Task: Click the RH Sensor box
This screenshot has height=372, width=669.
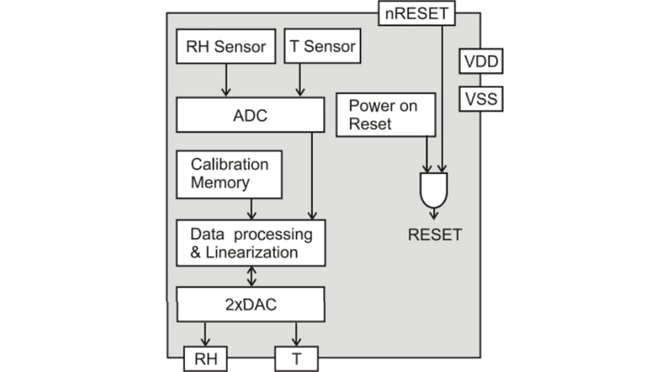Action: coord(225,46)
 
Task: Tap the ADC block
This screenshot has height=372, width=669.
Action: coord(250,115)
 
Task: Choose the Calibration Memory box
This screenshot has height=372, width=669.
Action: coord(229,174)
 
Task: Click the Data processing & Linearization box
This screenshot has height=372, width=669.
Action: coord(250,243)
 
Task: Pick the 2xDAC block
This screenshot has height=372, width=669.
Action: coord(250,304)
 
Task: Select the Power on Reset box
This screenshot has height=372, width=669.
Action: coord(385,115)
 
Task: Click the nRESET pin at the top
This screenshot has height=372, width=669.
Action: coord(416,13)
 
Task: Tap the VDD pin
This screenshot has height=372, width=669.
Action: coord(481,62)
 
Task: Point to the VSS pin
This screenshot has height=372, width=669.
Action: coord(481,99)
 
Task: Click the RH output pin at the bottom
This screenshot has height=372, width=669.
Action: coord(205,358)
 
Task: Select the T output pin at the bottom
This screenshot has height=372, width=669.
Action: coord(296,358)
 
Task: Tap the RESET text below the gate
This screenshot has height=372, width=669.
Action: coord(434,235)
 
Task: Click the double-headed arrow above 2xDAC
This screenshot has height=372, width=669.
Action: coord(251,277)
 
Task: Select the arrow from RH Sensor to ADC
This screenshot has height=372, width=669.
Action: coord(225,80)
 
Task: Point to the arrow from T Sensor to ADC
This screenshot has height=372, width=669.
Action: coord(300,80)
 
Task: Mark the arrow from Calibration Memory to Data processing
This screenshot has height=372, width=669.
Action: coord(251,209)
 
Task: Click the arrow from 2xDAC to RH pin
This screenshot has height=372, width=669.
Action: coord(205,334)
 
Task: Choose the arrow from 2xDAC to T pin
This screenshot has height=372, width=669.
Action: coord(296,334)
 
